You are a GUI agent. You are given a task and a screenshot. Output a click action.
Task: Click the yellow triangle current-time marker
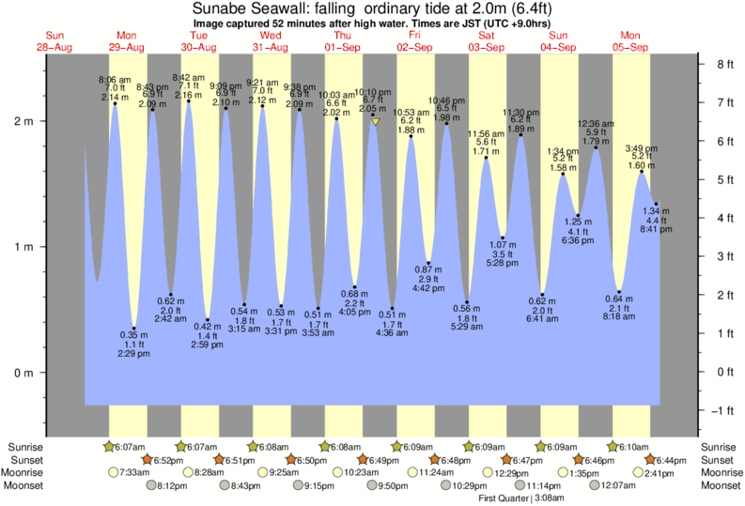point(375,122)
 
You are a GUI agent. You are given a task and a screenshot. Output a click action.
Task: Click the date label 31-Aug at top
point(271,47)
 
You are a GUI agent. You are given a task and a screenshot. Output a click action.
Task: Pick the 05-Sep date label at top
point(631,47)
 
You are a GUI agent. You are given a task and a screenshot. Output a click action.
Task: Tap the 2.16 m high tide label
point(188,95)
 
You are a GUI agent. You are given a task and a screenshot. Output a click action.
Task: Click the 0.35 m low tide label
point(133,334)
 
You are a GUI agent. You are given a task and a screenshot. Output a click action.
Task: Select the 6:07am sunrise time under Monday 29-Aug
point(126,447)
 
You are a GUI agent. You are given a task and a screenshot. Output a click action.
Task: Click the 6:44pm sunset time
point(672,460)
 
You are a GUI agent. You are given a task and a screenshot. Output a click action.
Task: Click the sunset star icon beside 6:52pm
point(146,460)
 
